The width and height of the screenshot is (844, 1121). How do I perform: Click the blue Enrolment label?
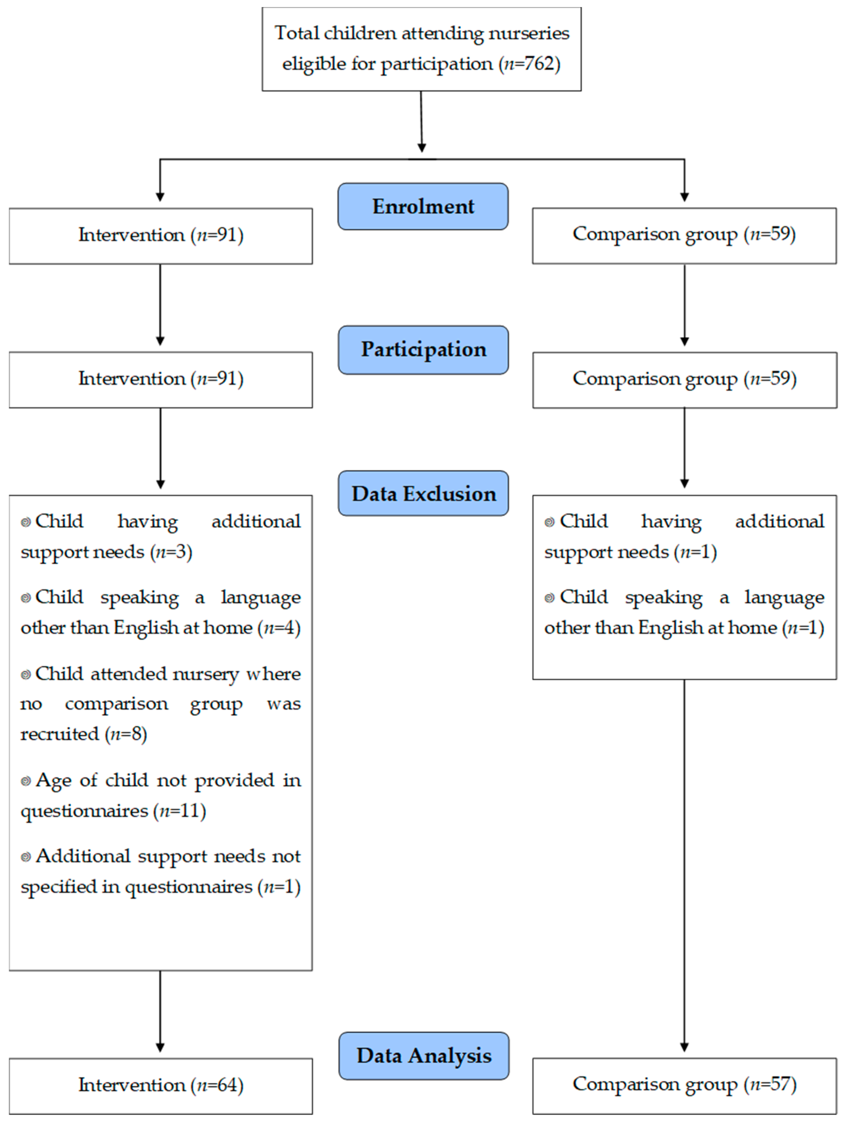pos(423,206)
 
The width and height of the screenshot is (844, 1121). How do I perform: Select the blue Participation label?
pos(423,350)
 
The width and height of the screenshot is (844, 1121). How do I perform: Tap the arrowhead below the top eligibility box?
pos(422,148)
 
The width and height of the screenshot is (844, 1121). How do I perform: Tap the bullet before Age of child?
pos(25,781)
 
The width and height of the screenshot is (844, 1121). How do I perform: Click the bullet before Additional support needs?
pos(25,857)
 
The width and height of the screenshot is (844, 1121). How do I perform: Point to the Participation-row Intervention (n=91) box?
pos(160,380)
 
